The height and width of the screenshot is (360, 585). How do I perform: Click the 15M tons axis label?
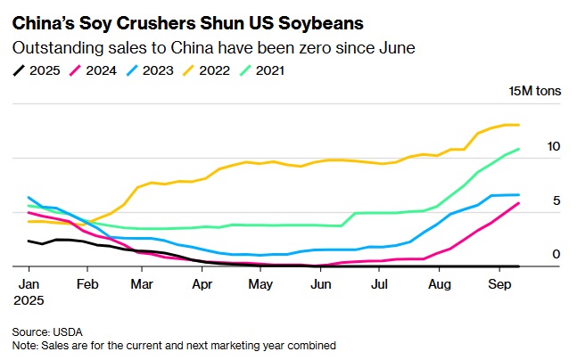pyautogui.click(x=533, y=91)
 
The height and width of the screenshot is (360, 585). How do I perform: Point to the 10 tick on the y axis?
pyautogui.click(x=554, y=146)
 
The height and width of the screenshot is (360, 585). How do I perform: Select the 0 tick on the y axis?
pyautogui.click(x=556, y=255)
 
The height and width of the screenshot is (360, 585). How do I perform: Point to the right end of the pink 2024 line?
pyautogui.click(x=519, y=203)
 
